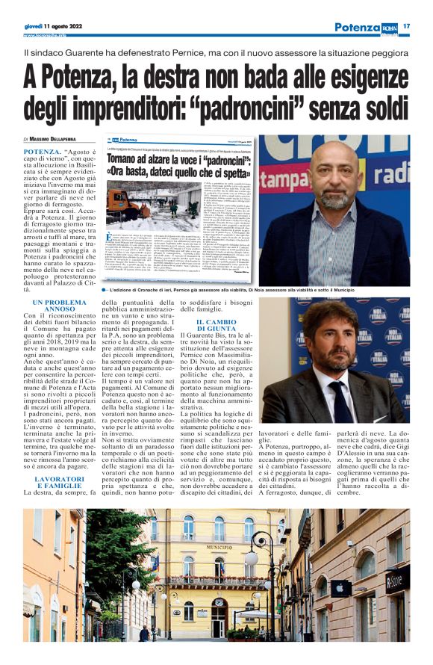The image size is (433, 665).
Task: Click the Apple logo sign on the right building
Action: pyautogui.click(x=337, y=587)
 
